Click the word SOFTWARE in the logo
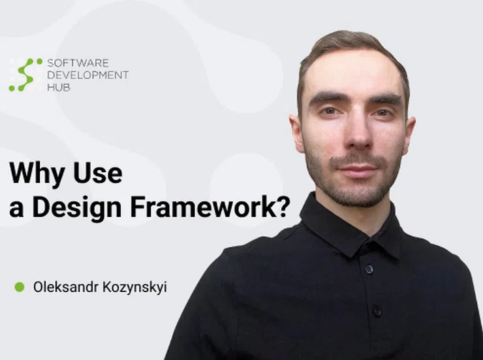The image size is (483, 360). coord(78,63)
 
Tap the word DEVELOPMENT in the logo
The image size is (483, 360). coord(88,75)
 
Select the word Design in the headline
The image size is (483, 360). coord(77,207)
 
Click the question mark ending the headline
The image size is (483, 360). coord(283,206)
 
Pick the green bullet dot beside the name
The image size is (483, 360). coord(20,287)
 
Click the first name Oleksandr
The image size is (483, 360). coord(66,287)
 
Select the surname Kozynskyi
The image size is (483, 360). coord(134,288)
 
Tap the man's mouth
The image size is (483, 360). coord(358,169)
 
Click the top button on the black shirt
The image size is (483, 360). coord(369,269)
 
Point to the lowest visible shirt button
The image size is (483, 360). coord(377,311)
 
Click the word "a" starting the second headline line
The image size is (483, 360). coord(16,209)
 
